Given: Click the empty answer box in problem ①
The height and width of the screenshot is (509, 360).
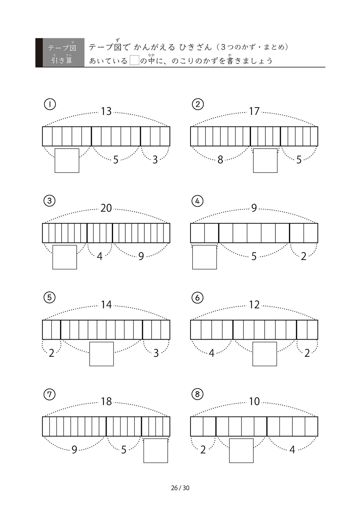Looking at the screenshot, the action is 67,161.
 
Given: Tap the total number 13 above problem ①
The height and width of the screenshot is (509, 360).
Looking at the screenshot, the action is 106,112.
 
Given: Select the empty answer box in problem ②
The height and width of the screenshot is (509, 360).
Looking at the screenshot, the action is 265,161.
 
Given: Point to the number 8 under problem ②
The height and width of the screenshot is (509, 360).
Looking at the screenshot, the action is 220,160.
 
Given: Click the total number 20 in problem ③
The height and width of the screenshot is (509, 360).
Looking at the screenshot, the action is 106,208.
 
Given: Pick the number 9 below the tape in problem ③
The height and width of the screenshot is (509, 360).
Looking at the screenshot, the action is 141,256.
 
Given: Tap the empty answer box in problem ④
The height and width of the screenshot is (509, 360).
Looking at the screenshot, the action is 204,257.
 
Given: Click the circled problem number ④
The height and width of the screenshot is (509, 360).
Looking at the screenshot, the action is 197,201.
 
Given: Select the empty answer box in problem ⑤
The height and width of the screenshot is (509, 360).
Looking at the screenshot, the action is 102,354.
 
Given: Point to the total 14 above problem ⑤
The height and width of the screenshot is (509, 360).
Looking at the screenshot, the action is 106,305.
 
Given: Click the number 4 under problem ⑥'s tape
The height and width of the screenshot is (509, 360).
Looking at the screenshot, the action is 211,353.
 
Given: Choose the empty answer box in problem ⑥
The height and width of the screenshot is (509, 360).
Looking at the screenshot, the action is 265,354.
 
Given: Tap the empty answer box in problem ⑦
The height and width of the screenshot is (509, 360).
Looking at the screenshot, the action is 156,451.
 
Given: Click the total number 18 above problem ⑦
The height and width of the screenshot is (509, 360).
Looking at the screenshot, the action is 106,401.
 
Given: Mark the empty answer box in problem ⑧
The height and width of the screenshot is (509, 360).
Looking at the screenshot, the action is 241,451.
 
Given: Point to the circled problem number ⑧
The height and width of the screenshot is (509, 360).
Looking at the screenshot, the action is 197,394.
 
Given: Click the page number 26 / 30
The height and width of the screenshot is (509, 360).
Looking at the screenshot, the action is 180,488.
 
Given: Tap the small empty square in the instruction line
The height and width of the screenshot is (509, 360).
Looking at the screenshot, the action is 134,60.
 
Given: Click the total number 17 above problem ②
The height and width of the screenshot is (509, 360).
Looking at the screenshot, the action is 254,112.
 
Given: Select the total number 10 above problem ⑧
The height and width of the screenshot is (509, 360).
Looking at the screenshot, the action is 254,401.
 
